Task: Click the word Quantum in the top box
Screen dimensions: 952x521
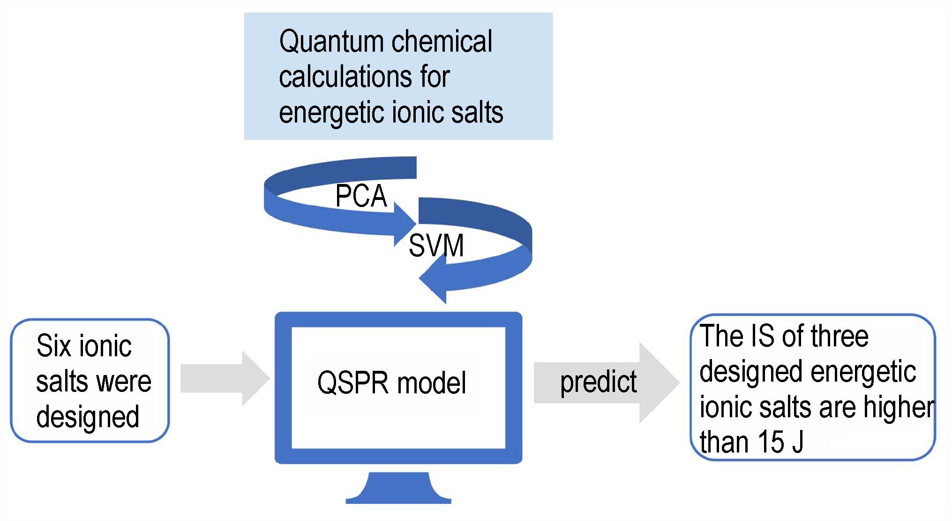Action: click(x=331, y=41)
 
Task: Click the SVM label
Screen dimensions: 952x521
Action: click(x=436, y=245)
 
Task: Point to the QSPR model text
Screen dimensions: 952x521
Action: click(x=391, y=383)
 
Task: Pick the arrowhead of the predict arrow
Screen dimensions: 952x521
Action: click(x=659, y=383)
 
